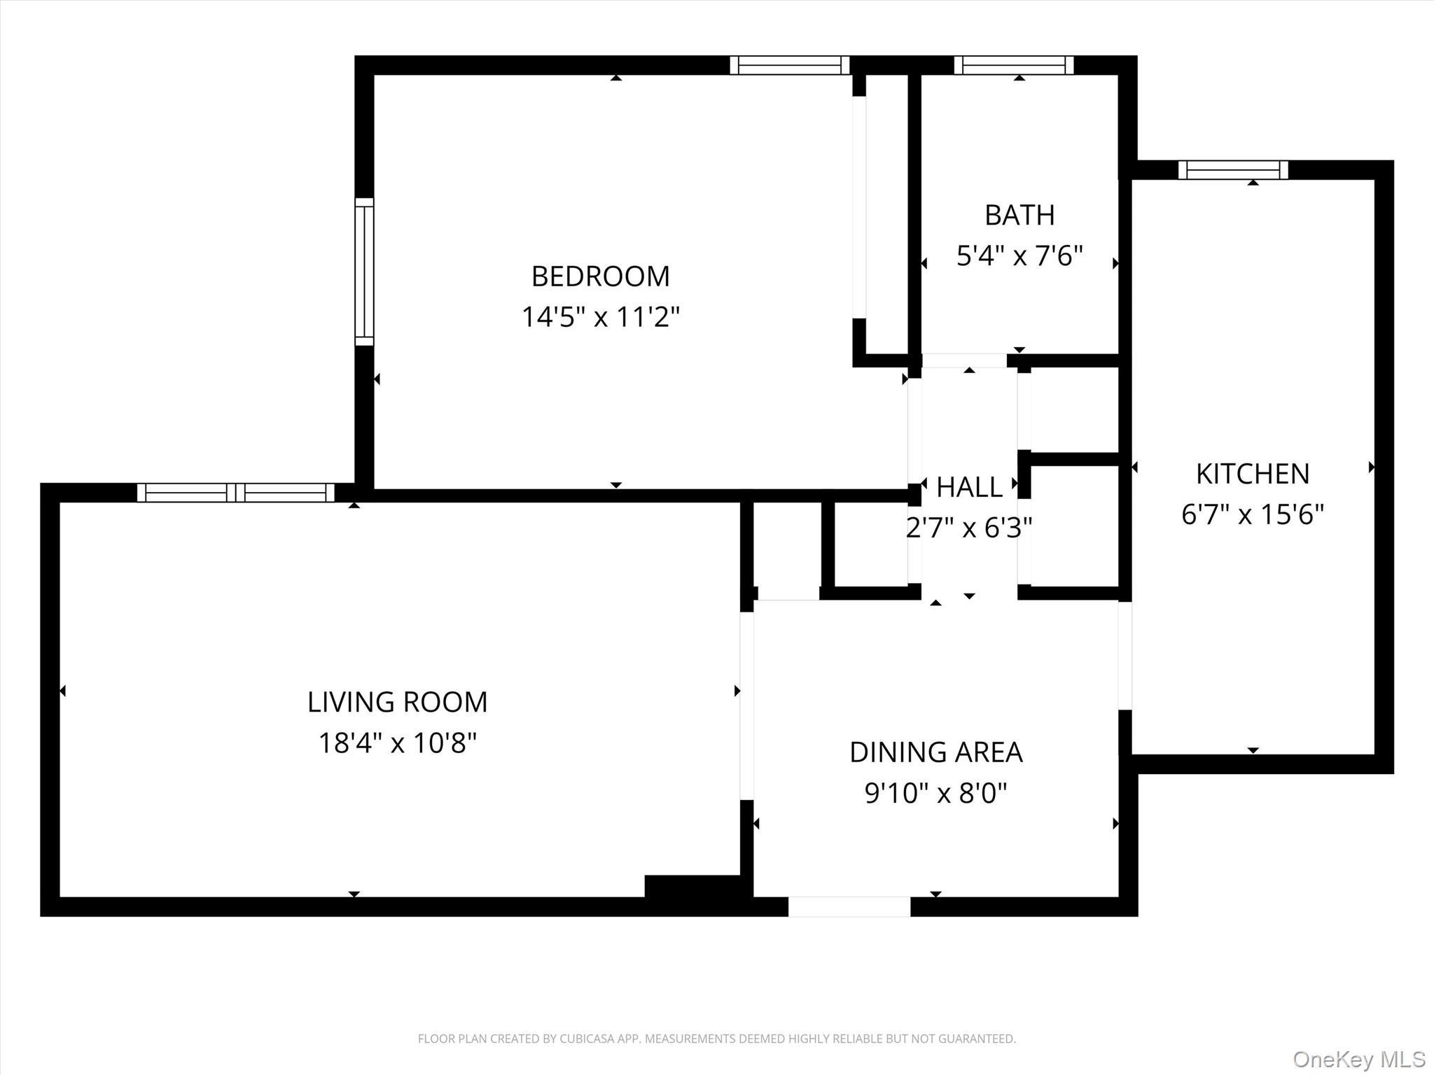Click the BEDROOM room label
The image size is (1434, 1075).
tap(600, 276)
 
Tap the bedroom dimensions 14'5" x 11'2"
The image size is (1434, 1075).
tap(600, 317)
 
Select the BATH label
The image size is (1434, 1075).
tap(1019, 215)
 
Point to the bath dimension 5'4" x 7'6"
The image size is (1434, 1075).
tap(1019, 256)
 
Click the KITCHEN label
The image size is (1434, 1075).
tap(1252, 474)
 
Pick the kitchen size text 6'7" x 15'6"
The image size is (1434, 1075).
tap(1252, 515)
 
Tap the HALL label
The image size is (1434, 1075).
tap(969, 487)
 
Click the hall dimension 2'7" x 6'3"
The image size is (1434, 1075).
tap(969, 528)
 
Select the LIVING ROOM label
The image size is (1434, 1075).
tap(397, 702)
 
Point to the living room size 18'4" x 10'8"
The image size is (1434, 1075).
tap(397, 743)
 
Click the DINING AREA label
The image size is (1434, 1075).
tap(935, 752)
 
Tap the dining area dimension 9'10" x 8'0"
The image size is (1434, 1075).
tap(935, 794)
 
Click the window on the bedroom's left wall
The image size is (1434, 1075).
tap(364, 272)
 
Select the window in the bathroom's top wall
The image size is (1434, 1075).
tap(1013, 65)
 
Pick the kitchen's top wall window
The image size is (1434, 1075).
tap(1233, 170)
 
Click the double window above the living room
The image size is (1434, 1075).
tap(235, 493)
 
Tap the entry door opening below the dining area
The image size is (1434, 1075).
tap(849, 907)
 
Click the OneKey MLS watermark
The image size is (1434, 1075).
tap(1359, 1059)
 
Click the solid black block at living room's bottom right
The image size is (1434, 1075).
tap(691, 886)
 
